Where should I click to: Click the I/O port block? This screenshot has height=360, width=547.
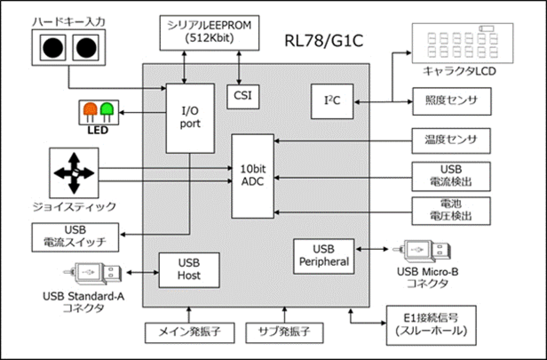(190, 118)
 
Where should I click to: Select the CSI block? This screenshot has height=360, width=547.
(243, 95)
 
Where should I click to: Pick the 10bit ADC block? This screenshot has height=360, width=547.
(253, 176)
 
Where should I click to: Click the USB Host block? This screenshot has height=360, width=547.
(189, 270)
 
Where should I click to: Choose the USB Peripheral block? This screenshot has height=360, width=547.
(324, 256)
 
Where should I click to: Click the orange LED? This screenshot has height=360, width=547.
(90, 110)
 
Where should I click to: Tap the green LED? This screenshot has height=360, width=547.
(107, 110)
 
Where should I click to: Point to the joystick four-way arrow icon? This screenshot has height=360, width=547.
(74, 173)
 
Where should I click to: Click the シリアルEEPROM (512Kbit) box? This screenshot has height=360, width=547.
(210, 32)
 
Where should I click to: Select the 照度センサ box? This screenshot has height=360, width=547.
(451, 101)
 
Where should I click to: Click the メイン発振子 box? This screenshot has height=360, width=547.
(189, 333)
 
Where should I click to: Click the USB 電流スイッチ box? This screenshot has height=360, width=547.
(75, 237)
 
